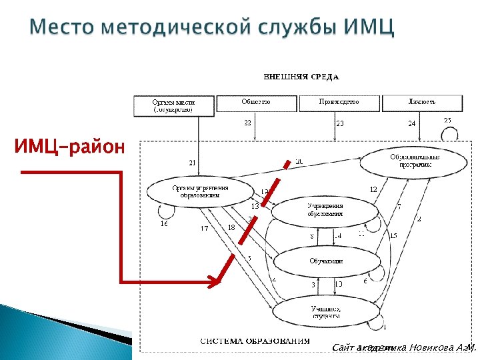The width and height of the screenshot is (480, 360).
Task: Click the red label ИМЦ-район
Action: tap(69, 146)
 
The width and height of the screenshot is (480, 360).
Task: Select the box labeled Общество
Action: tap(256, 103)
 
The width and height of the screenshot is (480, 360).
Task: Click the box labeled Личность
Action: tap(421, 103)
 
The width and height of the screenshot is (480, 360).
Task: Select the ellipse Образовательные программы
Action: tap(411, 160)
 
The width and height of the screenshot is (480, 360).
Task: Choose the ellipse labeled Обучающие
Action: tap(325, 261)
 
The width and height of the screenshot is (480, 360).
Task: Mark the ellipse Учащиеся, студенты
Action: tap(326, 312)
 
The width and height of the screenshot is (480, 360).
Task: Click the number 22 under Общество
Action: tap(247, 123)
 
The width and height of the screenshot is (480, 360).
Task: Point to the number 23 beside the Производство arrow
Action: tap(340, 124)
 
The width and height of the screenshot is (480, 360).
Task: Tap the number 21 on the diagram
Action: tap(192, 163)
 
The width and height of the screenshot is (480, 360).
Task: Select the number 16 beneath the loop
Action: tap(164, 224)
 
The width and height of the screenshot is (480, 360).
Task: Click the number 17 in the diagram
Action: tap(205, 228)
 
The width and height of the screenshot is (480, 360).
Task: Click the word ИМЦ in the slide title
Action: tap(371, 29)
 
